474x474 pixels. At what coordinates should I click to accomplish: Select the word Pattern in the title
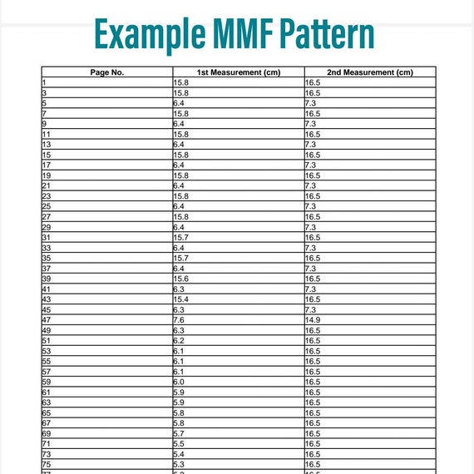(326, 35)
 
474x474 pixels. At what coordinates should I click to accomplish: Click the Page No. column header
(106, 72)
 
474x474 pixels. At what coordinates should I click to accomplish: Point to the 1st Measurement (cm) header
(239, 72)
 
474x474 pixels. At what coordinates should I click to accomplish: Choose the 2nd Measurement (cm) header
(370, 72)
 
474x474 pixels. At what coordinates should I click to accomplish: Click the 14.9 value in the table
(313, 319)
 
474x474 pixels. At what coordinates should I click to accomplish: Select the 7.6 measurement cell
(179, 319)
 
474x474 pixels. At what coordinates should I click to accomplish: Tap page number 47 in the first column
(47, 319)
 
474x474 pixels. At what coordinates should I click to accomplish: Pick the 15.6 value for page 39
(180, 279)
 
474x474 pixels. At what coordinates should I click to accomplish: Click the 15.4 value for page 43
(180, 299)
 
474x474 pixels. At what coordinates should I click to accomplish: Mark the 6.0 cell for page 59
(179, 382)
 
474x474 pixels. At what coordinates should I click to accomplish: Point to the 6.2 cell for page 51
(179, 340)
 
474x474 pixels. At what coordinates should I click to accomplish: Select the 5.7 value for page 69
(179, 433)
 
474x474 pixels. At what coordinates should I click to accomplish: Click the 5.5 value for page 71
(179, 443)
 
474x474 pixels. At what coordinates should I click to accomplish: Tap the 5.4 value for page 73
(179, 454)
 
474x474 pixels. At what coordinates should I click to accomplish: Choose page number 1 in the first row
(44, 83)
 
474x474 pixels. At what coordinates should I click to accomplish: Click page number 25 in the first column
(47, 206)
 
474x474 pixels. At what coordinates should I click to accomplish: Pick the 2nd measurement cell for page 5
(311, 103)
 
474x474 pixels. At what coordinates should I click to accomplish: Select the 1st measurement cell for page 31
(180, 237)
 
